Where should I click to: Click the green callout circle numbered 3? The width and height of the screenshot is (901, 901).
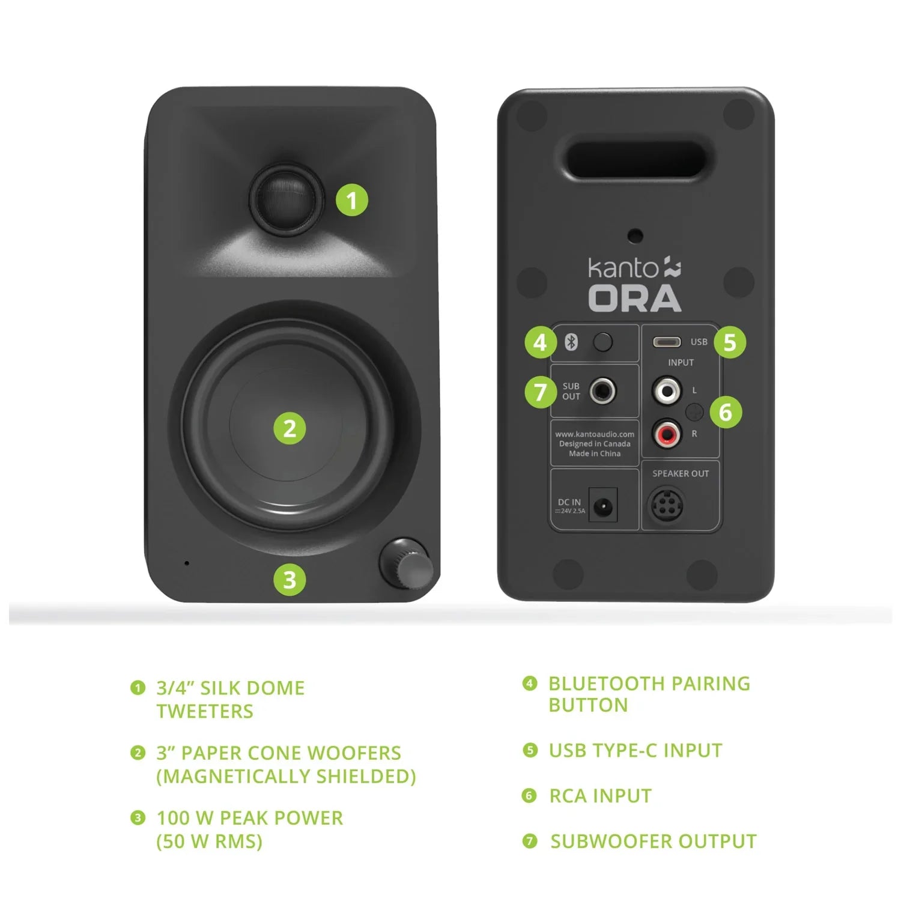290,580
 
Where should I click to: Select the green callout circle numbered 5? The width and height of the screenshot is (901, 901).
729,342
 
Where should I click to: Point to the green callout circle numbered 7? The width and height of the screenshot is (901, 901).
540,392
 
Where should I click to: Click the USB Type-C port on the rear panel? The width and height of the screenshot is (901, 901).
667,342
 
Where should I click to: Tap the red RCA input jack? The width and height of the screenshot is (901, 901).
667,433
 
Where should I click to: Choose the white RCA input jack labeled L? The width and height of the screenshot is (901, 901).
667,391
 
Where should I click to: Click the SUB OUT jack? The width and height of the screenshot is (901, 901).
602,391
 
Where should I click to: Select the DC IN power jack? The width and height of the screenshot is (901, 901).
602,508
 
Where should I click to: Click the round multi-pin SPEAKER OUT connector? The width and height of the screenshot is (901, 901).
666,506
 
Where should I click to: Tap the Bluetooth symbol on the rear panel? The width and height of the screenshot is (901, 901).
571,342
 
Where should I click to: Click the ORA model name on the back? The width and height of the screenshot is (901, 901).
634,299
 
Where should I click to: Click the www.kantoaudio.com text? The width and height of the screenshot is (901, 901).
594,434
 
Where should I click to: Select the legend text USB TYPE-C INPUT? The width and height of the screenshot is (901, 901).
635,750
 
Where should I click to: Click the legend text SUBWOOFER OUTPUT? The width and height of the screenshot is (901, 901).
653,841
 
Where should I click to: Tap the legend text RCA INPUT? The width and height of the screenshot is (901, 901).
600,796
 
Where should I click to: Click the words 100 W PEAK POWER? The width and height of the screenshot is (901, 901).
249,818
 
